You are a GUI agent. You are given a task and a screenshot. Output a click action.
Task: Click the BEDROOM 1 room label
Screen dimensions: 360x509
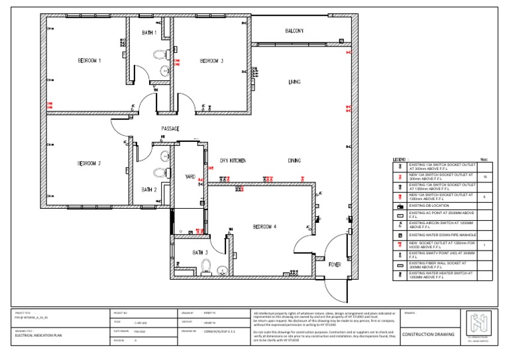tap(89, 60)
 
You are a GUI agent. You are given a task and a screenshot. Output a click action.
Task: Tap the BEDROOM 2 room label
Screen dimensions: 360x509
tap(89, 163)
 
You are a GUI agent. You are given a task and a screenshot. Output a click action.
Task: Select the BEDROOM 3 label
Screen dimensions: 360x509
tap(211, 60)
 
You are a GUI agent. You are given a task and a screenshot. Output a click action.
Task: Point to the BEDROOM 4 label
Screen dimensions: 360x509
tap(264, 227)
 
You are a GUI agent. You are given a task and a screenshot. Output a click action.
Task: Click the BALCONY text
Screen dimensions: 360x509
tap(294, 31)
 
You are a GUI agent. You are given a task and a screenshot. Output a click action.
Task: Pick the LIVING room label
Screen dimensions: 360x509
tap(294, 82)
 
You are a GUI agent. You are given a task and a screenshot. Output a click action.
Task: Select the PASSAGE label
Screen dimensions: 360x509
tap(170, 129)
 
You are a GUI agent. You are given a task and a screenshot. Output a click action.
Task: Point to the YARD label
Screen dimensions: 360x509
tap(191, 176)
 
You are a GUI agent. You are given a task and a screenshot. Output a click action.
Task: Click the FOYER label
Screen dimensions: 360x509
tap(335, 264)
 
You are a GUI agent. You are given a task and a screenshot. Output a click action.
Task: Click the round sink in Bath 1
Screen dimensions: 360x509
tap(166, 70)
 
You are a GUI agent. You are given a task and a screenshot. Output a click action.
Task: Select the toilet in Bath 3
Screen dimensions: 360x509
tap(205, 267)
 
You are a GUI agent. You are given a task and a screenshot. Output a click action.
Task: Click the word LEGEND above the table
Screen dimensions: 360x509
tap(400, 160)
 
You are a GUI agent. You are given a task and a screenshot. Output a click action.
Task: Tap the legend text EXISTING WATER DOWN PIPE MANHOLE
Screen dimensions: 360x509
tap(441, 235)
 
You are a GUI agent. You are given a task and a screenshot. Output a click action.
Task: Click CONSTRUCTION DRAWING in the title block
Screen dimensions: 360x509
tap(429, 335)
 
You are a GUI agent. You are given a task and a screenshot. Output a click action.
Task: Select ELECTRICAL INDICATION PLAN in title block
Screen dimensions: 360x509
tap(39, 335)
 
